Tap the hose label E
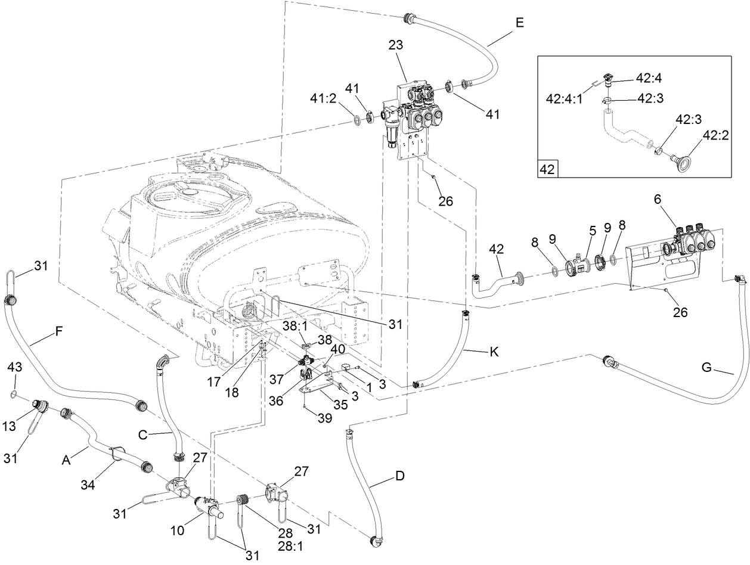(x=519, y=23)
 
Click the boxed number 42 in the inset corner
(x=548, y=169)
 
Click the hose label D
(x=399, y=476)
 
